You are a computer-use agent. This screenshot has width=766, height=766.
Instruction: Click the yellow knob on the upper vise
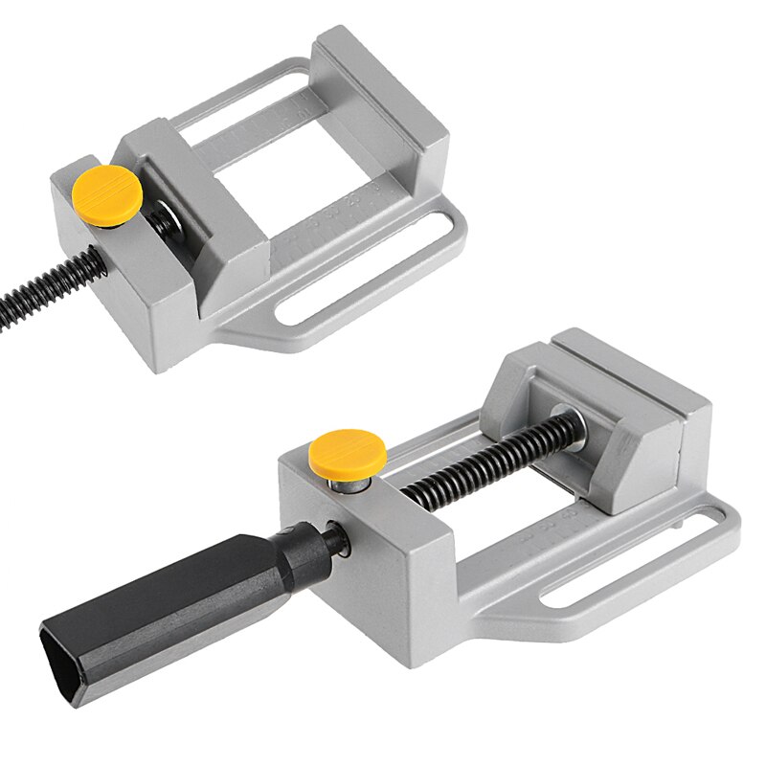pyautogui.click(x=106, y=191)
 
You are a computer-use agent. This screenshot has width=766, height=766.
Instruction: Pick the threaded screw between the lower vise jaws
pyautogui.click(x=479, y=460)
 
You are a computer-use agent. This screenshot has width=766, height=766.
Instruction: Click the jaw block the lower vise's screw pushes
pyautogui.click(x=603, y=412)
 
